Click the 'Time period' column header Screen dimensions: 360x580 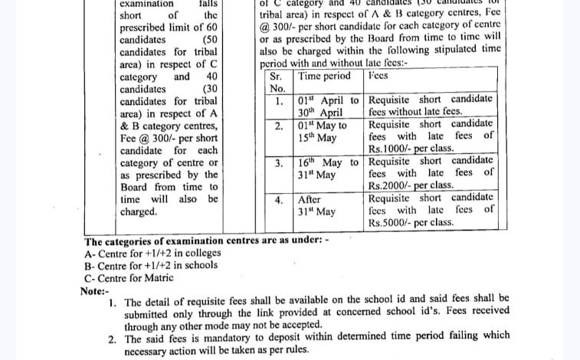tap(323, 76)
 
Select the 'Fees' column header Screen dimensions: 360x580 tap(378, 76)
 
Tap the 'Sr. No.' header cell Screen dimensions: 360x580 tap(277, 82)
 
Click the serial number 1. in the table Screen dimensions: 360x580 tap(280, 100)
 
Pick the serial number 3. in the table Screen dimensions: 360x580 tap(280, 163)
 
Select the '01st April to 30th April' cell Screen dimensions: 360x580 tap(328, 106)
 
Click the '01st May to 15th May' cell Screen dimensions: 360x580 tap(323, 131)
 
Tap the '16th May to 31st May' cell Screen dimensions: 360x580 tap(328, 169)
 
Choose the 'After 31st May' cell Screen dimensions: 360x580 tap(316, 205)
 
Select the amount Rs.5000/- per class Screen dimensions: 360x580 tap(411, 223)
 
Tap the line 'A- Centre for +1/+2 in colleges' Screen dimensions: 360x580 tap(152, 253)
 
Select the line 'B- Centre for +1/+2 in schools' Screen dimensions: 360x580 tap(151, 265)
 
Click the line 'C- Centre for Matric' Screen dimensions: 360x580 tap(129, 277)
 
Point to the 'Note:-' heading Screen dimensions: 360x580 tap(95, 290)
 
